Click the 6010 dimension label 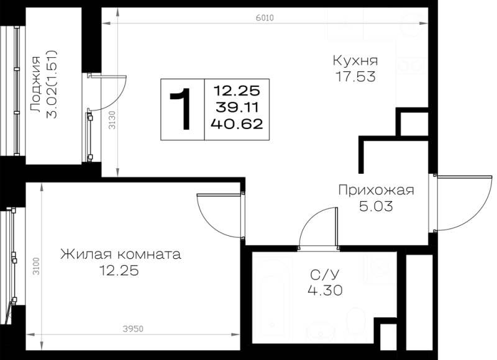pyautogui.click(x=265, y=18)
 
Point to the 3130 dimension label pyautogui.click(x=112, y=120)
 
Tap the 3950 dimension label pyautogui.click(x=133, y=330)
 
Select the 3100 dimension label pyautogui.click(x=36, y=266)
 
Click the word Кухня pyautogui.click(x=355, y=60)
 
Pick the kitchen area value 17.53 pyautogui.click(x=355, y=76)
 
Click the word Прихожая pyautogui.click(x=376, y=191)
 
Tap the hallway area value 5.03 pyautogui.click(x=376, y=207)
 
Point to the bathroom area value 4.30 pyautogui.click(x=325, y=290)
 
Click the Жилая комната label pyautogui.click(x=121, y=254)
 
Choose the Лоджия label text pyautogui.click(x=35, y=84)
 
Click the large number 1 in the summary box pyautogui.click(x=180, y=109)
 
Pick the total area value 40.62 pyautogui.click(x=237, y=124)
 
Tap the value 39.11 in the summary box pyautogui.click(x=237, y=107)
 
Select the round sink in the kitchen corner pyautogui.click(x=411, y=24)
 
